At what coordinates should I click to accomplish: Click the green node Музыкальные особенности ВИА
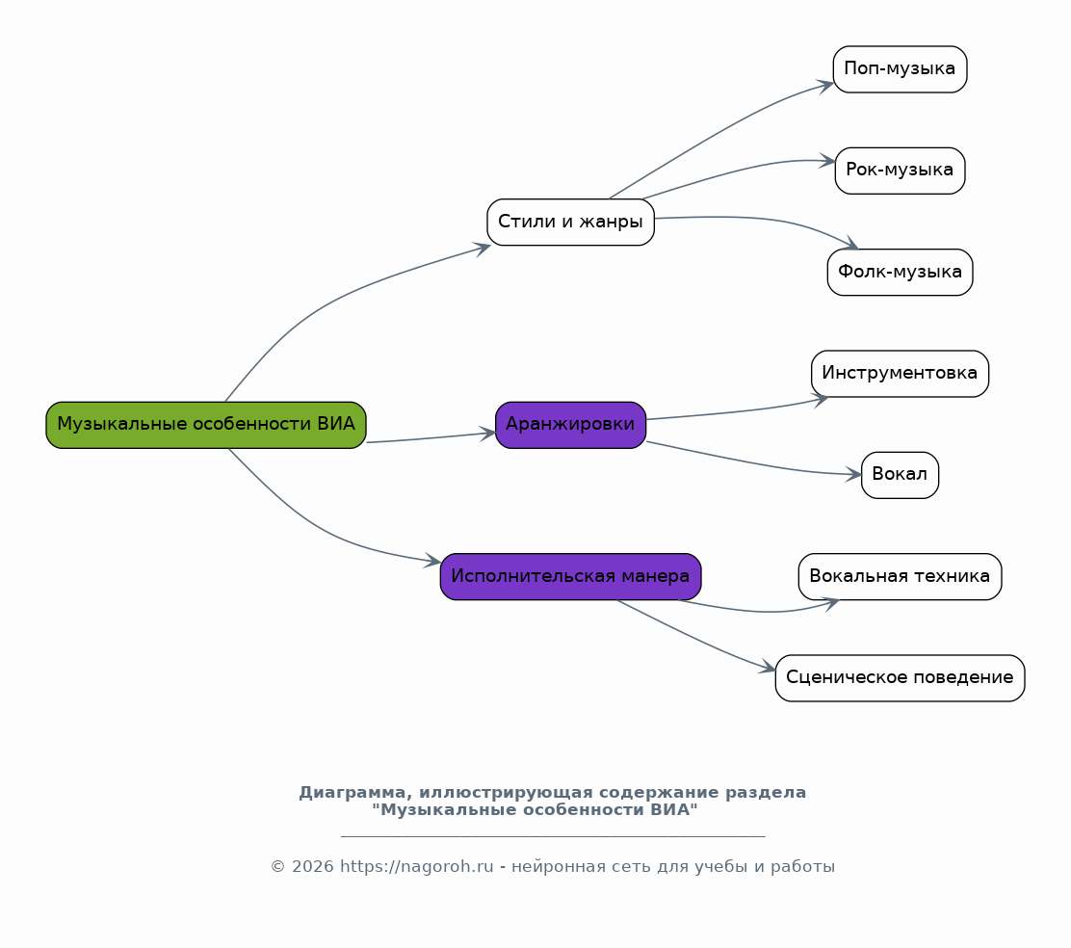pyautogui.click(x=205, y=425)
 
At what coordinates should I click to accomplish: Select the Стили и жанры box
pyautogui.click(x=570, y=222)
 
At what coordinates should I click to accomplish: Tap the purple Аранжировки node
pyautogui.click(x=570, y=425)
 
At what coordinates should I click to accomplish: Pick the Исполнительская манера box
pyautogui.click(x=570, y=576)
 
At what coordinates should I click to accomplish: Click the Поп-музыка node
pyautogui.click(x=900, y=69)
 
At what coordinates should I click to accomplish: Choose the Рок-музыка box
pyautogui.click(x=900, y=171)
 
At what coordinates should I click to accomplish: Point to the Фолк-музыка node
pyautogui.click(x=900, y=272)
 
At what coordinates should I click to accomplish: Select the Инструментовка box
pyautogui.click(x=900, y=374)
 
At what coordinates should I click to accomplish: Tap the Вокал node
pyautogui.click(x=900, y=475)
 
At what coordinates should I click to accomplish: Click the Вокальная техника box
pyautogui.click(x=900, y=576)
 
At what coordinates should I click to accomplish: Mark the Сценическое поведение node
pyautogui.click(x=900, y=677)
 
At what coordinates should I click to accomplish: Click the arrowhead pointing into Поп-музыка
pyautogui.click(x=825, y=86)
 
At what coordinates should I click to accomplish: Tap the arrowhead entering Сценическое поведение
pyautogui.click(x=768, y=667)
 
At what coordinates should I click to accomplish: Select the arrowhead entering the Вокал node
pyautogui.click(x=853, y=474)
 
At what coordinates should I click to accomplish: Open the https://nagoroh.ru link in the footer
pyautogui.click(x=417, y=867)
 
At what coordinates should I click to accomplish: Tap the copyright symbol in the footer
pyautogui.click(x=277, y=867)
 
